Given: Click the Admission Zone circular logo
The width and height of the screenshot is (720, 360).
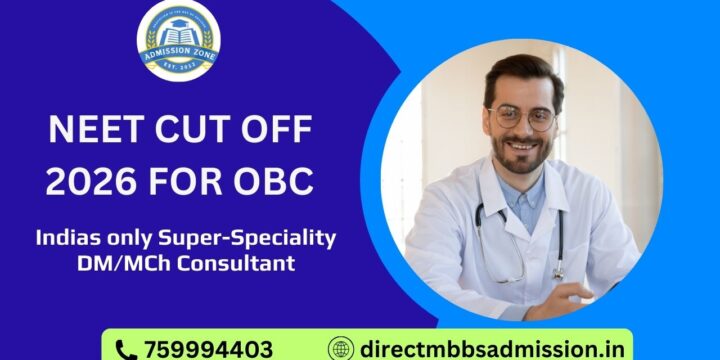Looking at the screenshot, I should [179, 40].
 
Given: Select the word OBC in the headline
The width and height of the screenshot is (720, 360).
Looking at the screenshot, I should [272, 182].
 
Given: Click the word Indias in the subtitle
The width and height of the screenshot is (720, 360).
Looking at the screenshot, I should [69, 239].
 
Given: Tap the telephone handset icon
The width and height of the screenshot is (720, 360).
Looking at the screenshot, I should [126, 349].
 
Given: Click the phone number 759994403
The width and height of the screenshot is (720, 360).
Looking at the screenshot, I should [208, 349].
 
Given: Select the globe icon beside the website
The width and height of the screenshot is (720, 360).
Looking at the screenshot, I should [342, 349].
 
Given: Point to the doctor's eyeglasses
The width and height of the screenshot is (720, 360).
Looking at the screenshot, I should [522, 118].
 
